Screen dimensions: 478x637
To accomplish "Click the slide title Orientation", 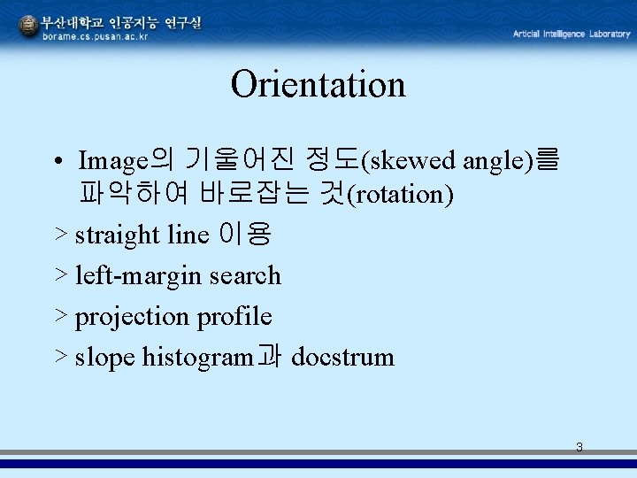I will click(318, 85).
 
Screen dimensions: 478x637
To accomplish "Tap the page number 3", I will click(579, 447).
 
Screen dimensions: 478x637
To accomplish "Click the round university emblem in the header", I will click(28, 27).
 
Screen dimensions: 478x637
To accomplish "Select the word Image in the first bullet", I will click(112, 161).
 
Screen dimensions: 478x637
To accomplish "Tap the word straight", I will click(118, 235).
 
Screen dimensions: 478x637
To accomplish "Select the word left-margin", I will click(139, 275).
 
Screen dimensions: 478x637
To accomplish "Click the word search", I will click(245, 275).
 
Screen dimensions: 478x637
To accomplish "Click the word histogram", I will click(197, 358).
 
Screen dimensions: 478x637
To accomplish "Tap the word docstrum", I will click(342, 358).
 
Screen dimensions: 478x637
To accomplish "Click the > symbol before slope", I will click(61, 357).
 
